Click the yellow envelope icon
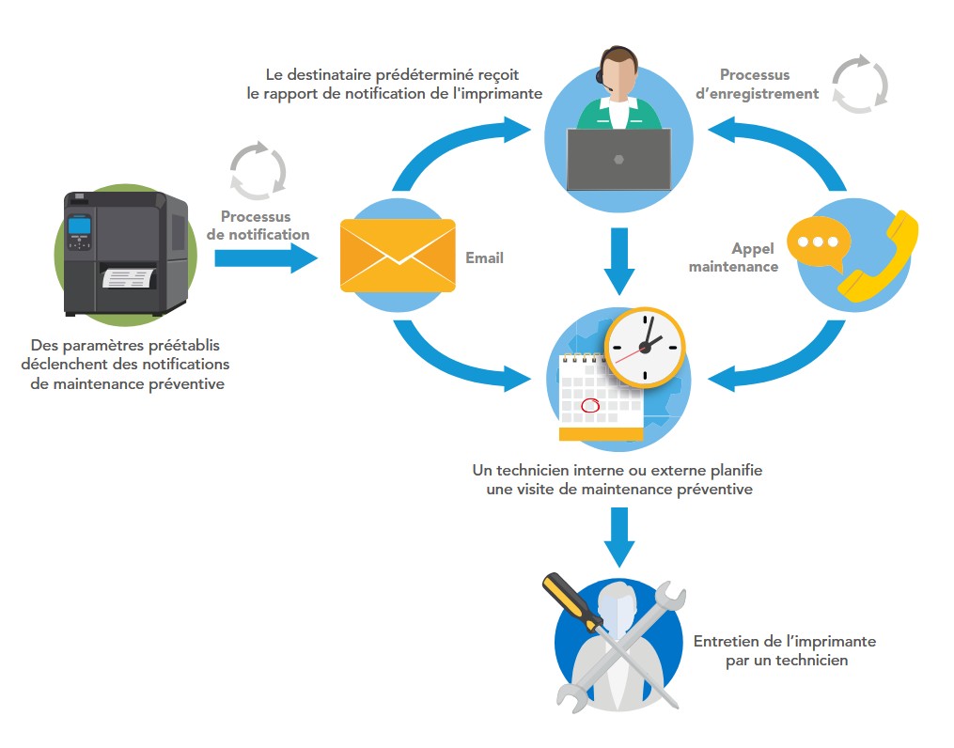397,256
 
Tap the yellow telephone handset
879,258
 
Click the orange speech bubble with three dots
817,242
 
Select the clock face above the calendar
645,347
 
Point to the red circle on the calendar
591,406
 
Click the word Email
484,257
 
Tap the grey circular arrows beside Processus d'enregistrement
860,85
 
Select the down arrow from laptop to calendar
618,259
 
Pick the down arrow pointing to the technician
618,537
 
